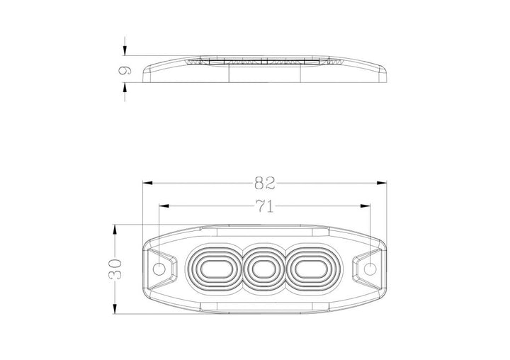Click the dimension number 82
264,184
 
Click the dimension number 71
264,206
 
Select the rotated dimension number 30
115,269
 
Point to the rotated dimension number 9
125,71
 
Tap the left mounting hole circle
159,269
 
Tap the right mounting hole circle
370,269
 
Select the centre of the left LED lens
215,269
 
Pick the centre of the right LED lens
310,269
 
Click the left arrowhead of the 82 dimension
147,184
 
